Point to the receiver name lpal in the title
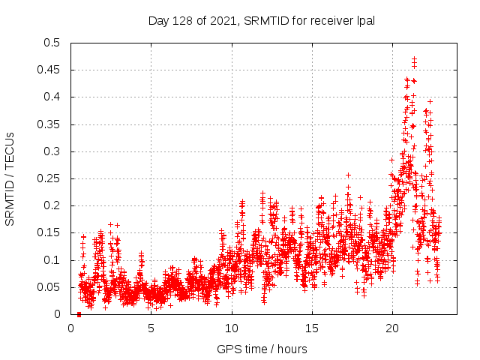point(364,21)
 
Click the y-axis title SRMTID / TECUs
point(10,178)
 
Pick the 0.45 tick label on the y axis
point(51,70)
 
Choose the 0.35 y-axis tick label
point(51,124)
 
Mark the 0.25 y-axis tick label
point(51,178)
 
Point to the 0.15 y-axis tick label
point(51,233)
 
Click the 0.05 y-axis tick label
point(51,287)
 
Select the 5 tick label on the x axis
point(151,328)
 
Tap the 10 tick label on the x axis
point(232,328)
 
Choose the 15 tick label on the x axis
point(312,328)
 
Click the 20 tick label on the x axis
point(392,328)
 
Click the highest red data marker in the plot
point(414,58)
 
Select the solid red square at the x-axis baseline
point(79,314)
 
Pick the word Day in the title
point(159,21)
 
